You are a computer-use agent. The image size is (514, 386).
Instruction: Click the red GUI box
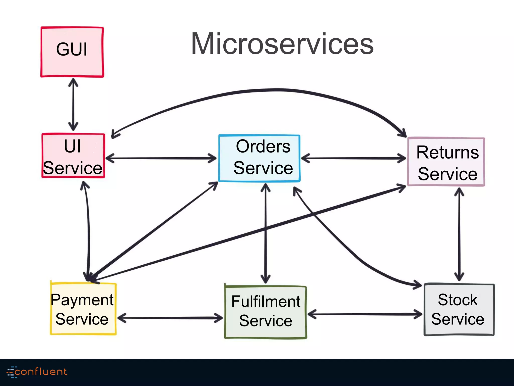coord(72,52)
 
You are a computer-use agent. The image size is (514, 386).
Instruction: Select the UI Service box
coord(73,156)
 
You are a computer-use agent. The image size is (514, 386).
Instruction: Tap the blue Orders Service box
coord(260,158)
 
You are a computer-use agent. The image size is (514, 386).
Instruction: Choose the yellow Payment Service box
coord(83,309)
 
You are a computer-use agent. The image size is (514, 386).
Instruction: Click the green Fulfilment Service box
coord(266,312)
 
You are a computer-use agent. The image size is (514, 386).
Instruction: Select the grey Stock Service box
coord(459,309)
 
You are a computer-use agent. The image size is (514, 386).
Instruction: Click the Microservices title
coord(282,44)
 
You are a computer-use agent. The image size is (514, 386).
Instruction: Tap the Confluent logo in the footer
coord(37,372)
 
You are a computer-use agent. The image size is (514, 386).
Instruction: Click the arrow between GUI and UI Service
coord(73,105)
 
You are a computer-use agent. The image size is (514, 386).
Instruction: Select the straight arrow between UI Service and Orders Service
coord(161,158)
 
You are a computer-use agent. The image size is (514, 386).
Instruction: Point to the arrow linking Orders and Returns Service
coord(353,158)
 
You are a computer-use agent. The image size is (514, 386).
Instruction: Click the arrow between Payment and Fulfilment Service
coord(170,318)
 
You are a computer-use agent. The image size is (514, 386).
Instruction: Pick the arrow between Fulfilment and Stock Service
coord(365,314)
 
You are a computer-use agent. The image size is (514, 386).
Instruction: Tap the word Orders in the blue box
coord(263,146)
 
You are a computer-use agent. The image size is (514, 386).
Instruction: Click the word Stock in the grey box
coord(458,300)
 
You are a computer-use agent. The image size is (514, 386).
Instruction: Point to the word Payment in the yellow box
coord(82,300)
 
